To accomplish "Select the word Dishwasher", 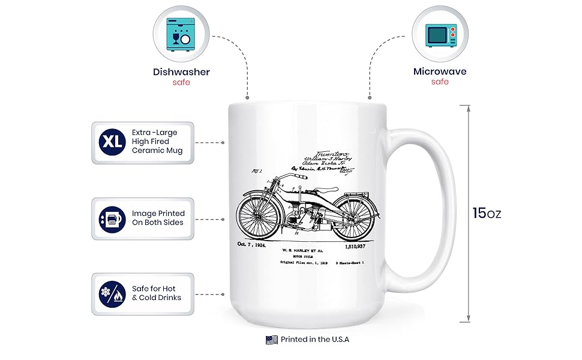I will tap(181, 72).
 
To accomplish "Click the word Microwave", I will tap(440, 72).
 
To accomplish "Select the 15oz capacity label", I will tap(486, 213).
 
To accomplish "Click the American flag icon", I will tap(271, 340).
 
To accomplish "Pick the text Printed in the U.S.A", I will tap(314, 340).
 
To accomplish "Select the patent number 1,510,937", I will tap(358, 245).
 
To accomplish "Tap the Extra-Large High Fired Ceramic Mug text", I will tap(158, 142).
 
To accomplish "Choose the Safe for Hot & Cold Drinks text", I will tap(157, 293).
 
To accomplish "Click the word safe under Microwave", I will tap(440, 82).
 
